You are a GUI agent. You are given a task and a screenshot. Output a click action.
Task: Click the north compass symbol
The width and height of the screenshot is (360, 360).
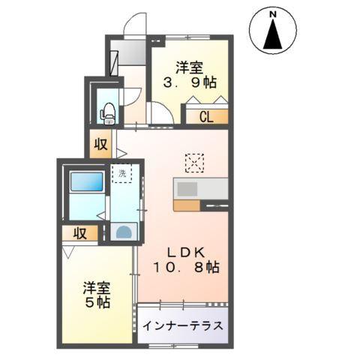pos(275,31)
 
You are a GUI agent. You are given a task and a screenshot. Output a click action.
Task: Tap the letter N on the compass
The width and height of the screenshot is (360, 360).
pos(275,13)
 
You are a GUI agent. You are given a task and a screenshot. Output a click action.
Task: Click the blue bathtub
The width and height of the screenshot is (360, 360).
pos(85,183)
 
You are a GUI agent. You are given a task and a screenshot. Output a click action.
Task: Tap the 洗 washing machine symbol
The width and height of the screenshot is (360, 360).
pos(121,174)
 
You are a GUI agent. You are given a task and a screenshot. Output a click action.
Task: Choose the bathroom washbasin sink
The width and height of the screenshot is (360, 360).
pos(123,231)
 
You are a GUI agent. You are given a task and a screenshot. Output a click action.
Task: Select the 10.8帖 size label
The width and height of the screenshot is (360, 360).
pos(188,267)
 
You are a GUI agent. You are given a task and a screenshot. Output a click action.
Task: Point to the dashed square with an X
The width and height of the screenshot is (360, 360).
pos(194,161)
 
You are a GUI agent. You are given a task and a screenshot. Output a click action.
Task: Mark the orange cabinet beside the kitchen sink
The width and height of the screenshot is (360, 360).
pos(186,204)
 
